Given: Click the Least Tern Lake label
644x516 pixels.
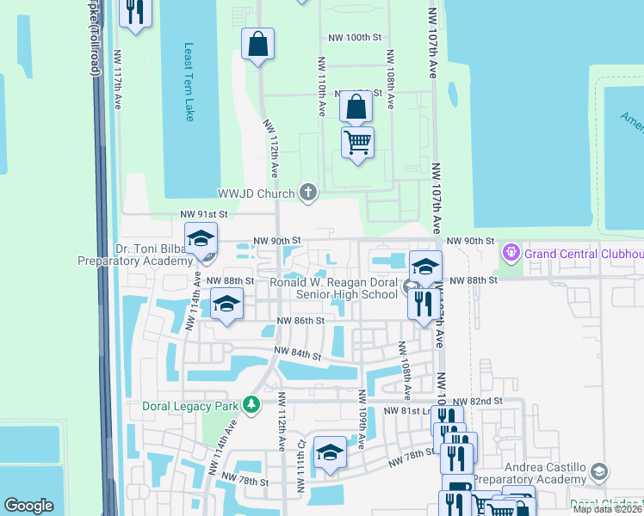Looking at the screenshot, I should pyautogui.click(x=189, y=83).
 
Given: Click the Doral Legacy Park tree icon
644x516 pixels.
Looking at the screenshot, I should pyautogui.click(x=251, y=404).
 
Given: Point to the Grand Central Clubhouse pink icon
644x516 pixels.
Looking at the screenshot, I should pyautogui.click(x=511, y=253).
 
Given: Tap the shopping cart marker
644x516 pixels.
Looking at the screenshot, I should pyautogui.click(x=357, y=142).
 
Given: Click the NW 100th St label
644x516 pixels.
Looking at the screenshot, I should pyautogui.click(x=355, y=38).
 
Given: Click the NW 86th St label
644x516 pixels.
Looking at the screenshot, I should pyautogui.click(x=300, y=320).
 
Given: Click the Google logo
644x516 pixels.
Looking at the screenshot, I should pyautogui.click(x=29, y=506).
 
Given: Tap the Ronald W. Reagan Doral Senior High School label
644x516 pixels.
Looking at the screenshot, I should pyautogui.click(x=334, y=288).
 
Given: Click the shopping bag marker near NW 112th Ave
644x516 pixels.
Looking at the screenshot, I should pyautogui.click(x=258, y=45).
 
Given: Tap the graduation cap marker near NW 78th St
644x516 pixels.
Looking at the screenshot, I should pyautogui.click(x=330, y=453).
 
